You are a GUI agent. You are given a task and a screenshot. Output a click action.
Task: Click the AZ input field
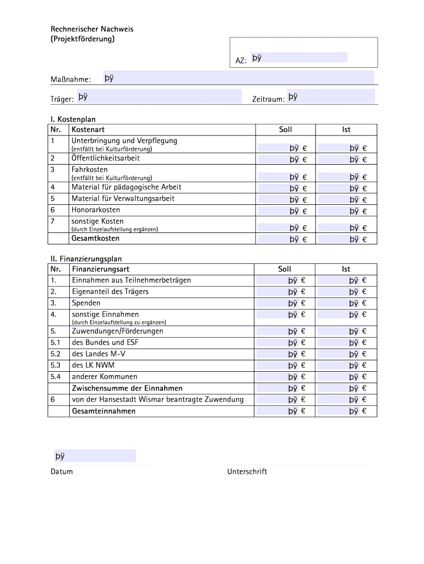[x=299, y=58]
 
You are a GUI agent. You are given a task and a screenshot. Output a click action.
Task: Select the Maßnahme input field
[x=238, y=78]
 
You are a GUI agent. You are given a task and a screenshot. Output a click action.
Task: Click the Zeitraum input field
[x=330, y=97]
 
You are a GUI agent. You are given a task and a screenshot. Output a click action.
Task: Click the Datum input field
[x=94, y=456]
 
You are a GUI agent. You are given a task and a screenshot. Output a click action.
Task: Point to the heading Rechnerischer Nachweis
[x=92, y=29]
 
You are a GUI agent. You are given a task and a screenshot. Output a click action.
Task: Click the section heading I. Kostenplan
[x=77, y=119]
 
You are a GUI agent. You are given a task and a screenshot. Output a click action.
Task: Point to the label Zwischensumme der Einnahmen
[x=127, y=388]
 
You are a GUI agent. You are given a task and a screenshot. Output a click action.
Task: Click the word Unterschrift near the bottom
[x=247, y=472]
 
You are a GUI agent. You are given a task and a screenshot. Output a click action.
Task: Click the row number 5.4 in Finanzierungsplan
[x=55, y=377]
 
